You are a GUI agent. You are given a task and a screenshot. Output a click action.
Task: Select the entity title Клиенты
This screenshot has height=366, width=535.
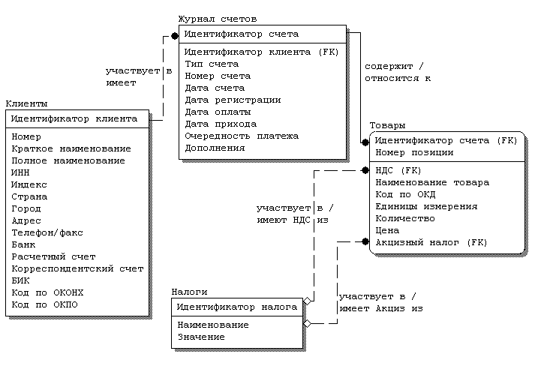tap(26, 103)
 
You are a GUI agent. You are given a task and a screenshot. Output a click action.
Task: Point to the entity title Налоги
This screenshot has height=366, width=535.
tap(189, 292)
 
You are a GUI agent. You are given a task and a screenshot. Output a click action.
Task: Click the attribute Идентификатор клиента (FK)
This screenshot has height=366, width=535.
tap(261, 52)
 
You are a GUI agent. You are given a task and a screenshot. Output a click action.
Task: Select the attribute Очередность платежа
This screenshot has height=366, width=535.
tap(242, 136)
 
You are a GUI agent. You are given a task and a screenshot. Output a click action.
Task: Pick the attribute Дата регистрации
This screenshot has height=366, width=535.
tap(233, 100)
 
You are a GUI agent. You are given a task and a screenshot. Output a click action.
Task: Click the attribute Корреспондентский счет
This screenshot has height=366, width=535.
tap(77, 268)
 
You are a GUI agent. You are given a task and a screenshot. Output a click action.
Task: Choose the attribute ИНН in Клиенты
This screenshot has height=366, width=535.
tap(21, 172)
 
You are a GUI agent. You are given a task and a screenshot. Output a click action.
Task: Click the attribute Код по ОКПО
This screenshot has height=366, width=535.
tap(45, 304)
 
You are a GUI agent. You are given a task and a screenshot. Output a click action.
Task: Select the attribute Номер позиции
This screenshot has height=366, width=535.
tap(414, 152)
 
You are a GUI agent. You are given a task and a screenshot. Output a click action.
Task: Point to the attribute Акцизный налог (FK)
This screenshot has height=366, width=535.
tap(431, 242)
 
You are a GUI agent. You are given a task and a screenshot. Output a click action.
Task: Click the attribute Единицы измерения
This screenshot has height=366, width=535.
tap(426, 206)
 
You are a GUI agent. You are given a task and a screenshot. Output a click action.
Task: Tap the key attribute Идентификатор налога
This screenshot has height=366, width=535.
tap(236, 307)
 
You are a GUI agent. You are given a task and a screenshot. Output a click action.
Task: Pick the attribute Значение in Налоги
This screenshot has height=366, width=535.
tap(200, 337)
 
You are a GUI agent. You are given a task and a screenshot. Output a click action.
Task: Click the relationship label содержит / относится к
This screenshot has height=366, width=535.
tap(398, 71)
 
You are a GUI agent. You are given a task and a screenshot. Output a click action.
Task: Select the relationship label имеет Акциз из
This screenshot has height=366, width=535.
tap(381, 307)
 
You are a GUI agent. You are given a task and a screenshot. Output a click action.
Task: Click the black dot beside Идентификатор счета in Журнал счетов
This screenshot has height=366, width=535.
tap(174, 34)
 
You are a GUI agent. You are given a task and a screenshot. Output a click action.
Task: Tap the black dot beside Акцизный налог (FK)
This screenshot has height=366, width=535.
tap(365, 241)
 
